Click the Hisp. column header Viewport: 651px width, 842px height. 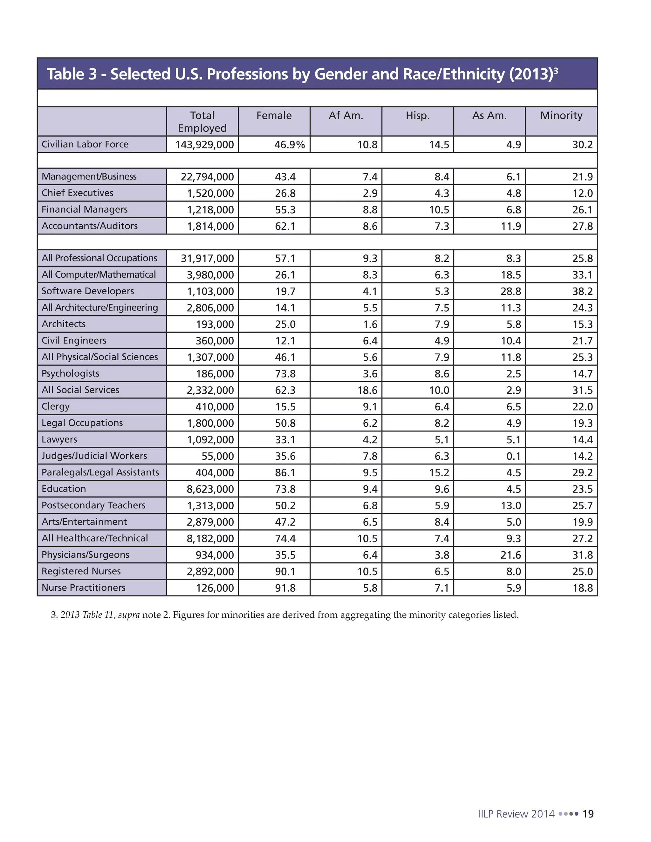417,116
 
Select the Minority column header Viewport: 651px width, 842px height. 561,116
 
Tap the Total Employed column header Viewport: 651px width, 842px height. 202,121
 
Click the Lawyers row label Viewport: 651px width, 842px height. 59,439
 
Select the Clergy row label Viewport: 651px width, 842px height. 56,406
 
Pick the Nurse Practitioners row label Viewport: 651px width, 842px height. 83,587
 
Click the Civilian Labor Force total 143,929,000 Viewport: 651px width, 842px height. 204,145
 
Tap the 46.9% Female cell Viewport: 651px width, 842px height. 289,145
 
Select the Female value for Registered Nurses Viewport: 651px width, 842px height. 285,571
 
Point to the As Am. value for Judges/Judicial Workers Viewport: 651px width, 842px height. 513,456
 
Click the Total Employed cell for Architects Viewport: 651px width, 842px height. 215,324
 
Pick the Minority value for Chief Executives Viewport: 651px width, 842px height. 582,193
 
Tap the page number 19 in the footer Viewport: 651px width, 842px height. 588,814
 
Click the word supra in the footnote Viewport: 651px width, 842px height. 129,615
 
